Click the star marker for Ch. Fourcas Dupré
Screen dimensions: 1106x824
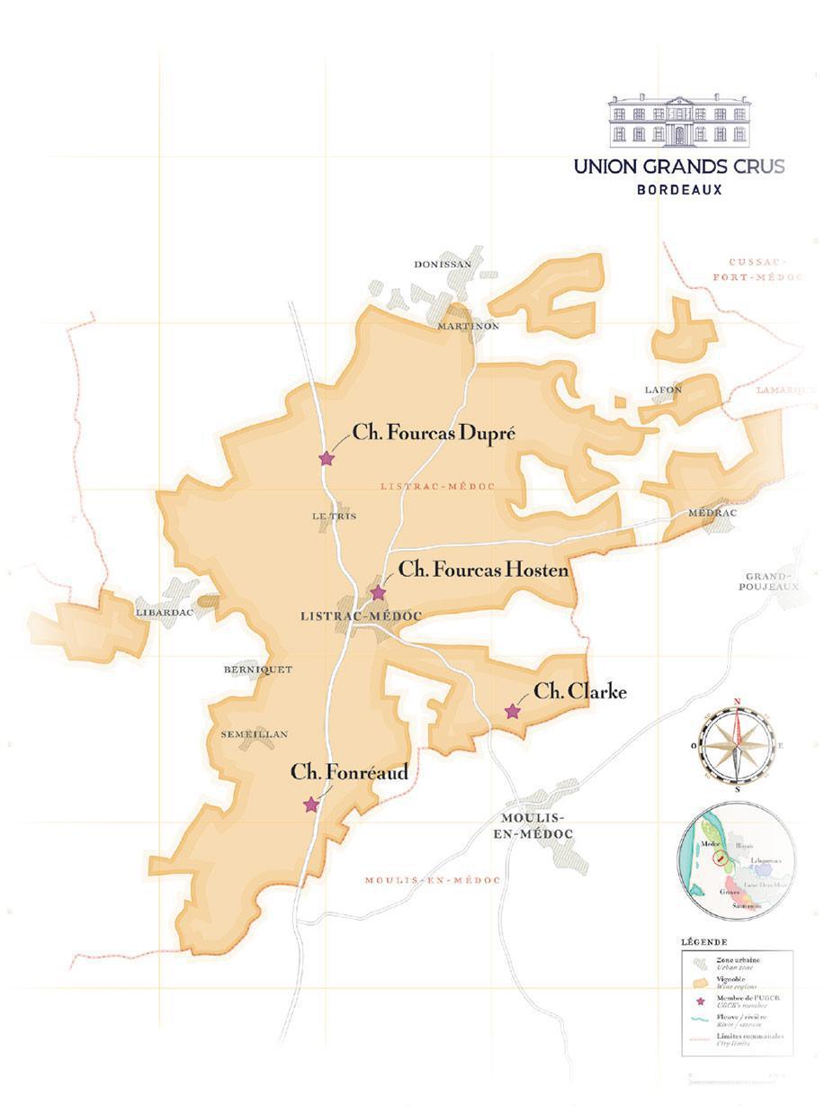[327, 459]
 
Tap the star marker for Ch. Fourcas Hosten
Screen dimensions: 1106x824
[378, 593]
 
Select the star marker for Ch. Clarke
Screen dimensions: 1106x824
[513, 712]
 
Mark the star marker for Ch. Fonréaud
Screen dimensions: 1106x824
[311, 805]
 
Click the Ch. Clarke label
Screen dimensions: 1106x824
[580, 692]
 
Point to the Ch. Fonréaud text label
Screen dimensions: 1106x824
[349, 772]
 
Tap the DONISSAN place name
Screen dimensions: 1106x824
[443, 265]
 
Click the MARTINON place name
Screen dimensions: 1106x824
[468, 327]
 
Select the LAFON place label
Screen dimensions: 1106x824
[664, 389]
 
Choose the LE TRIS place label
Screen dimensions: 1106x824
[329, 516]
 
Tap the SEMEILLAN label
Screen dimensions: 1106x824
[254, 734]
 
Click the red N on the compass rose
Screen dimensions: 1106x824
[737, 701]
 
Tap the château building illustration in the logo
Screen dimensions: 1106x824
[678, 121]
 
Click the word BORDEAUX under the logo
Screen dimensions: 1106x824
[679, 190]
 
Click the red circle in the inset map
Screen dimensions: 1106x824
[719, 859]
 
